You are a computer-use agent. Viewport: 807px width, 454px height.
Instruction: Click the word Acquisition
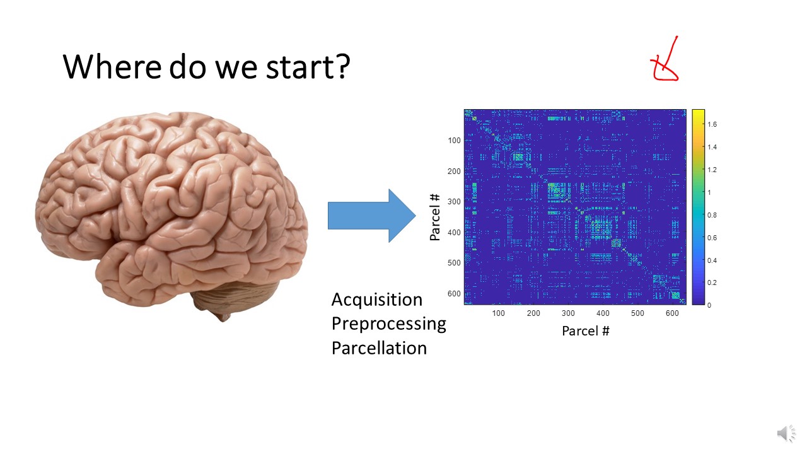[x=377, y=300]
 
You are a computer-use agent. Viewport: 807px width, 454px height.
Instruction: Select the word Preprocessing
[x=389, y=324]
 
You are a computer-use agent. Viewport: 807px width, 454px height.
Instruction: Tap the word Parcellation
[x=379, y=348]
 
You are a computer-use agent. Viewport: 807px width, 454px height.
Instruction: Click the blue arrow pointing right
[x=372, y=216]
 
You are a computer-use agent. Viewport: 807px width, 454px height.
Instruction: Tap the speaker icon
[x=786, y=433]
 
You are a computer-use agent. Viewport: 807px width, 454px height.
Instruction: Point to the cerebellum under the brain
[x=234, y=297]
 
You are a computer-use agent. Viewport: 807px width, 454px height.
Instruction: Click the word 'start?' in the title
[x=308, y=67]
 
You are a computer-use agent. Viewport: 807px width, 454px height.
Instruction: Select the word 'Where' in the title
[x=112, y=66]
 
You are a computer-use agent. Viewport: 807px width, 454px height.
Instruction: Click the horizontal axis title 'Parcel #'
[x=586, y=331]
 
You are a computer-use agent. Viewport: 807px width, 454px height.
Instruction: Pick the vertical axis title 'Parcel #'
[x=435, y=217]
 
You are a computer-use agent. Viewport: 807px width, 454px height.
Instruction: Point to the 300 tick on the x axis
[x=568, y=313]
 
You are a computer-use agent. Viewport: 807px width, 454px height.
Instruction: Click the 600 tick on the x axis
[x=672, y=313]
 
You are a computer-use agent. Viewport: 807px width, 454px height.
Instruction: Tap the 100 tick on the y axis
[x=454, y=141]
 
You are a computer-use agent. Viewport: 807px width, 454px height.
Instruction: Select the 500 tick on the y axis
[x=454, y=263]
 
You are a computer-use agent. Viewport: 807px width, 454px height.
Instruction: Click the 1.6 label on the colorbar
[x=712, y=124]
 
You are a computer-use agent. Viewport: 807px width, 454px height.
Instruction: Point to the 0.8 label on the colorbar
[x=712, y=215]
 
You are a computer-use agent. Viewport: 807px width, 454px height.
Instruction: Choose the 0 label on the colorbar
[x=709, y=305]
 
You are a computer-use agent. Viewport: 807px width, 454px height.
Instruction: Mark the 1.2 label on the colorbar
[x=712, y=170]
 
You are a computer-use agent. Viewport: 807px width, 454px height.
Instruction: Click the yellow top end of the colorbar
[x=698, y=112]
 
